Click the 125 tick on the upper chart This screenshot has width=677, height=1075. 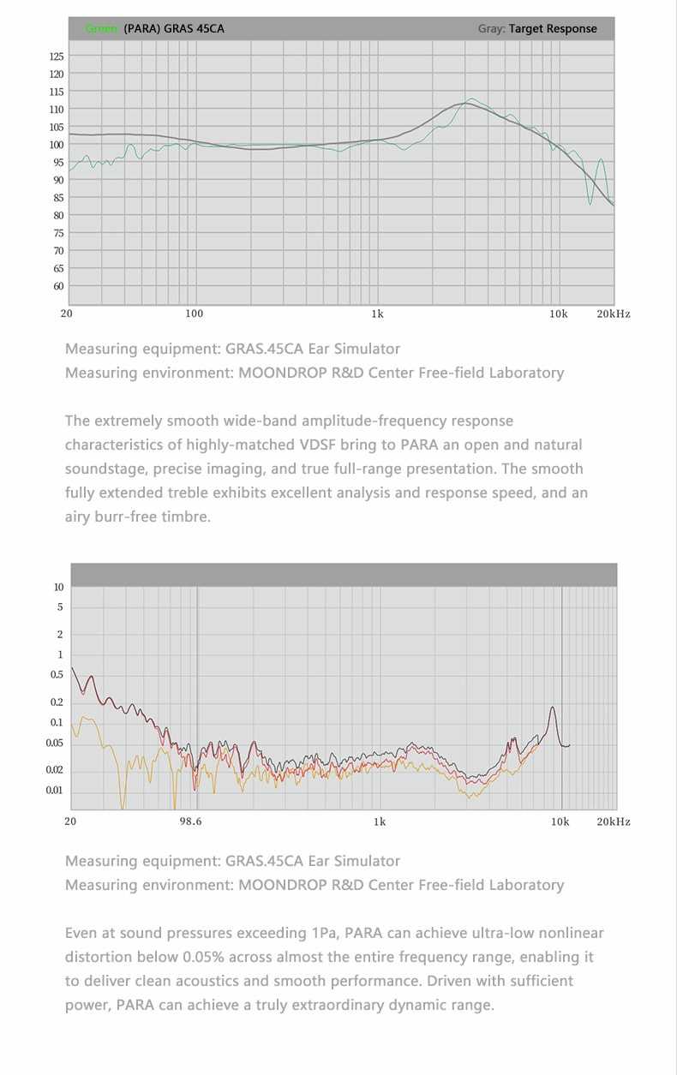tap(57, 57)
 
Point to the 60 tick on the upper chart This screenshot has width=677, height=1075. tap(58, 286)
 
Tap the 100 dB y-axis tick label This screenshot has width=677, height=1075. tap(57, 145)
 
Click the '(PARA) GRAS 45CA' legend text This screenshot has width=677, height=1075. tap(174, 29)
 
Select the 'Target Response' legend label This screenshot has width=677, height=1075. tap(553, 29)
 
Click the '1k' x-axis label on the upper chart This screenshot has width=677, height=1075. tap(377, 314)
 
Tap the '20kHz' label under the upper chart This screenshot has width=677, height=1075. tap(614, 314)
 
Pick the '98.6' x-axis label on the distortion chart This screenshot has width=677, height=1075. tap(191, 822)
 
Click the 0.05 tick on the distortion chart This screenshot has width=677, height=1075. tap(55, 744)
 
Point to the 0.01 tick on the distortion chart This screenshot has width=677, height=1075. tap(55, 791)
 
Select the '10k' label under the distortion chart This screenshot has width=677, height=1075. tap(560, 822)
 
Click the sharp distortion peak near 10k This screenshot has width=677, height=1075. tap(553, 708)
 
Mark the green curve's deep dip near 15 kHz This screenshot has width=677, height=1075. tap(590, 202)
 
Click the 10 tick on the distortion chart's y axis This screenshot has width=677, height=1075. tap(58, 588)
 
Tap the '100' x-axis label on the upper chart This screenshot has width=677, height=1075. tap(195, 314)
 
